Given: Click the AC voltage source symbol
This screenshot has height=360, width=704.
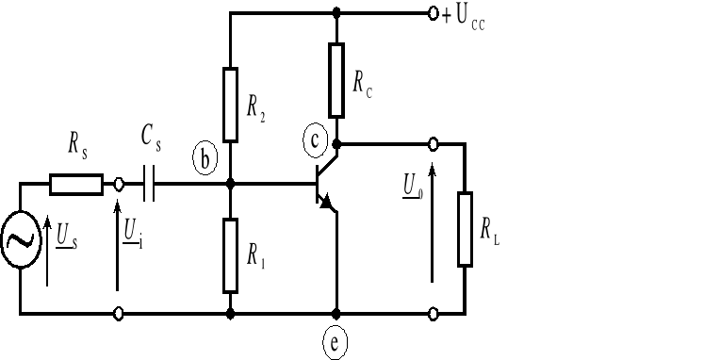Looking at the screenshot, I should click(x=20, y=240).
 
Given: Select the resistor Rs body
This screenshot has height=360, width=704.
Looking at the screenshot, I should click(x=76, y=184).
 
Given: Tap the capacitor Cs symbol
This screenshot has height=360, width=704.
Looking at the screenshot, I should click(x=148, y=184).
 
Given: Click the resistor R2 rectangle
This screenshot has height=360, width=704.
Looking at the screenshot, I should click(x=230, y=104).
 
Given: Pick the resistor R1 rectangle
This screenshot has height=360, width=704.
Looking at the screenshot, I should click(x=230, y=254).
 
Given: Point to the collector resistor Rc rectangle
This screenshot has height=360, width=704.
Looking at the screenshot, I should click(x=336, y=78).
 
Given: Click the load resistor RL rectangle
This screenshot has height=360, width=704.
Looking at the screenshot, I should click(x=465, y=229).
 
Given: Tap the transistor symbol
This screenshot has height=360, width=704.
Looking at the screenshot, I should click(x=322, y=186).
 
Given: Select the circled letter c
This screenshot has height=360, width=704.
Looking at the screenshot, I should click(x=316, y=139).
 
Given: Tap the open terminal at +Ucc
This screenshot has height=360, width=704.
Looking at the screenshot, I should click(x=433, y=14).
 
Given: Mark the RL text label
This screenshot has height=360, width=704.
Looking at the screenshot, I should click(x=489, y=229).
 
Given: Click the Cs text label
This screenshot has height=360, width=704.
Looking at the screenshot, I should click(x=151, y=140).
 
